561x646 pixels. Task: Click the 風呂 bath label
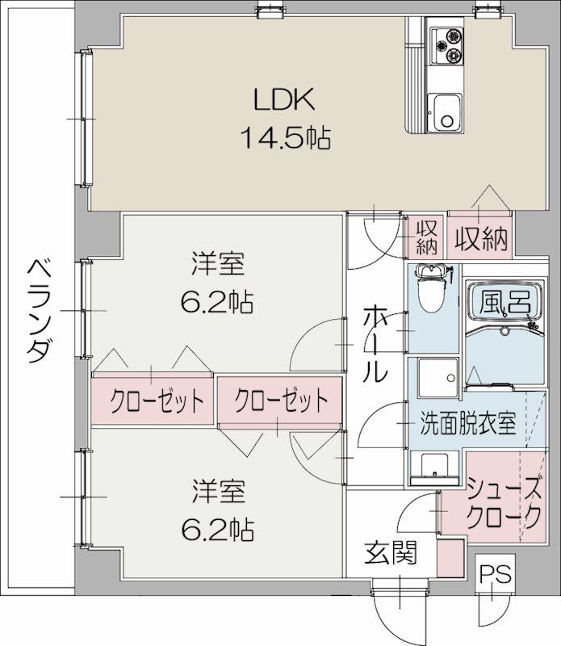pyautogui.click(x=506, y=302)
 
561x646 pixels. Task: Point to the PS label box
pyautogui.click(x=495, y=575)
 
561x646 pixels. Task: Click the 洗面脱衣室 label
pyautogui.click(x=467, y=424)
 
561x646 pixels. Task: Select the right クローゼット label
pyautogui.click(x=282, y=400)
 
